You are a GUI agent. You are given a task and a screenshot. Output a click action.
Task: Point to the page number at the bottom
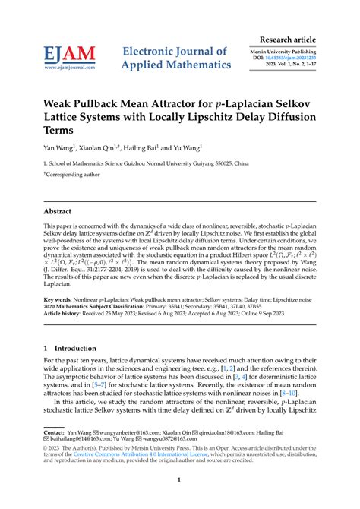(179, 480)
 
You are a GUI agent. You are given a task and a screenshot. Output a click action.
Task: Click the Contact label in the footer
(55, 432)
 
